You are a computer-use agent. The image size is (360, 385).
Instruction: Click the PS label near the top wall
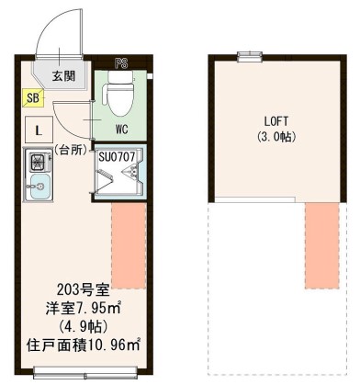(x=121, y=62)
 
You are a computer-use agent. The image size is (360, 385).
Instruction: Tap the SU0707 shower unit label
(x=116, y=156)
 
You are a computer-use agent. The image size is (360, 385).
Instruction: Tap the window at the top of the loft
(x=246, y=57)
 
